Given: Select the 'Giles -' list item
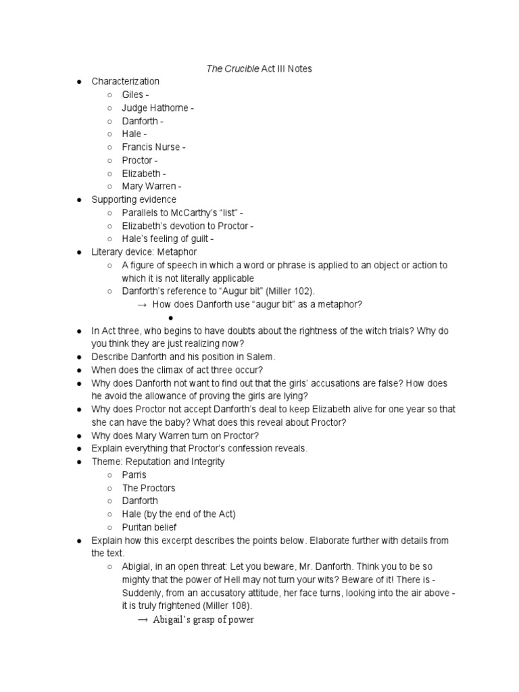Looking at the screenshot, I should coord(136,95).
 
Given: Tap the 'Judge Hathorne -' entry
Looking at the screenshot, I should coord(158,108).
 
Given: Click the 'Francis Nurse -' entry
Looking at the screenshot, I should coord(153,147).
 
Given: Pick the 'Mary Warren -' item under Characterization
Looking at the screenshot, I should coord(152,187).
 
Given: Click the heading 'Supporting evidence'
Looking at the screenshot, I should coord(134,199).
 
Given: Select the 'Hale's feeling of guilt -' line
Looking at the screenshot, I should coord(168,239).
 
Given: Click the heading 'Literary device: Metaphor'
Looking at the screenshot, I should coord(145,252).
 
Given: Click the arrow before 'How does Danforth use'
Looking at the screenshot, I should coord(143,305).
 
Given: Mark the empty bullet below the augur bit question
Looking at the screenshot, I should coord(172,318).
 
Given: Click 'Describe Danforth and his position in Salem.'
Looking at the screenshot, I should coord(184,357).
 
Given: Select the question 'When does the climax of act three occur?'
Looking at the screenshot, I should coord(177,370).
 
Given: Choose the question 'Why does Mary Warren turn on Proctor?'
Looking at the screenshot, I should coord(175,436).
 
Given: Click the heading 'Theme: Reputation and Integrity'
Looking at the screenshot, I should coord(158,462).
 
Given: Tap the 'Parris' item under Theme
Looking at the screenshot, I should coord(134,475).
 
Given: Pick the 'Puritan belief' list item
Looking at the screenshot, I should coord(150,527).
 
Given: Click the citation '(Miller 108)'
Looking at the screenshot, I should coord(251,606).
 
